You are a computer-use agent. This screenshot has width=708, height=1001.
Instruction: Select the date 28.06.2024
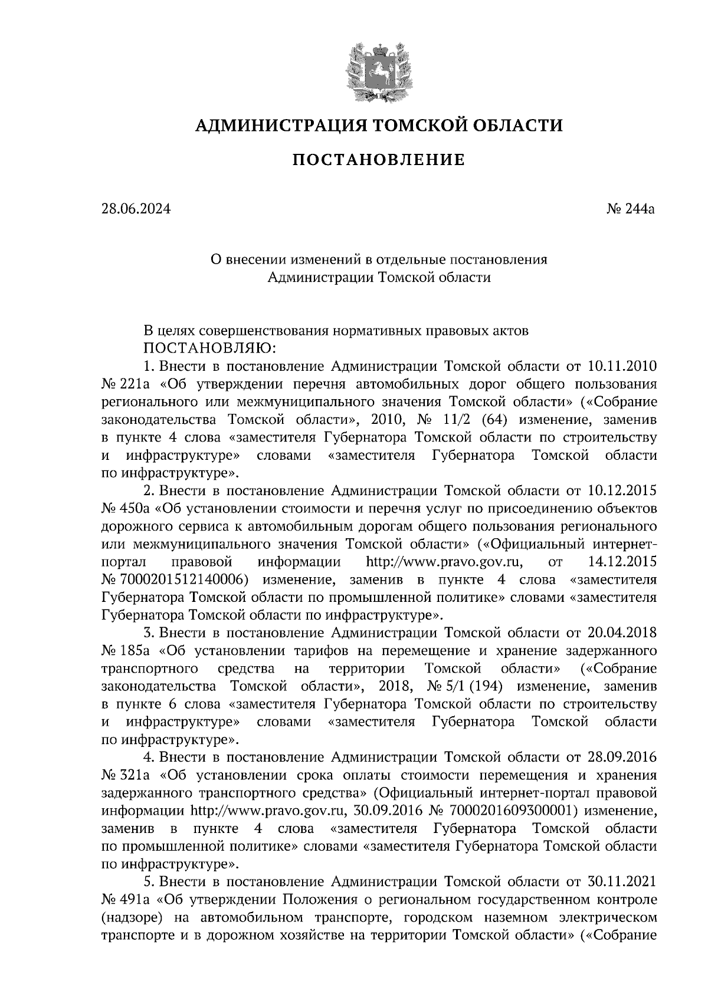coord(135,208)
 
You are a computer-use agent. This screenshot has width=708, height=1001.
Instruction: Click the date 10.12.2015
coord(623,490)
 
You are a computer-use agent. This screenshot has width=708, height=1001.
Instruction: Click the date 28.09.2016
coord(623,757)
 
